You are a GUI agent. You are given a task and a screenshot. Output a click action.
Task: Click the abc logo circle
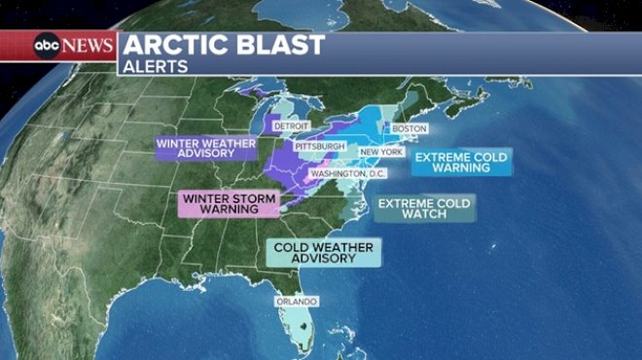pyautogui.click(x=47, y=45)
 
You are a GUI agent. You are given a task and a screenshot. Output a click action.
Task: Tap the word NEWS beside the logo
pyautogui.click(x=88, y=45)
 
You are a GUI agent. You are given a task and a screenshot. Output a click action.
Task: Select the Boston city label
pyautogui.click(x=409, y=128)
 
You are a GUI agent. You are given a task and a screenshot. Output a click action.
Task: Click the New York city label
pyautogui.click(x=380, y=152)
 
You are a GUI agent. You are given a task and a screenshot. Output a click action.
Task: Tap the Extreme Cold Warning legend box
pyautogui.click(x=461, y=162)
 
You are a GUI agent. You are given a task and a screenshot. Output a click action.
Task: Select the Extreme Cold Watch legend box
pyautogui.click(x=424, y=208)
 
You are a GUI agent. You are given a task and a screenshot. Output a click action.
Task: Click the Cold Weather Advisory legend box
pyautogui.click(x=323, y=253)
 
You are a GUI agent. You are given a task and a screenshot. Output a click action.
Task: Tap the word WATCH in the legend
pyautogui.click(x=424, y=215)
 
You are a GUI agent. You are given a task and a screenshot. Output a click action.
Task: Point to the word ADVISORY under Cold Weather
pyautogui.click(x=323, y=260)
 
